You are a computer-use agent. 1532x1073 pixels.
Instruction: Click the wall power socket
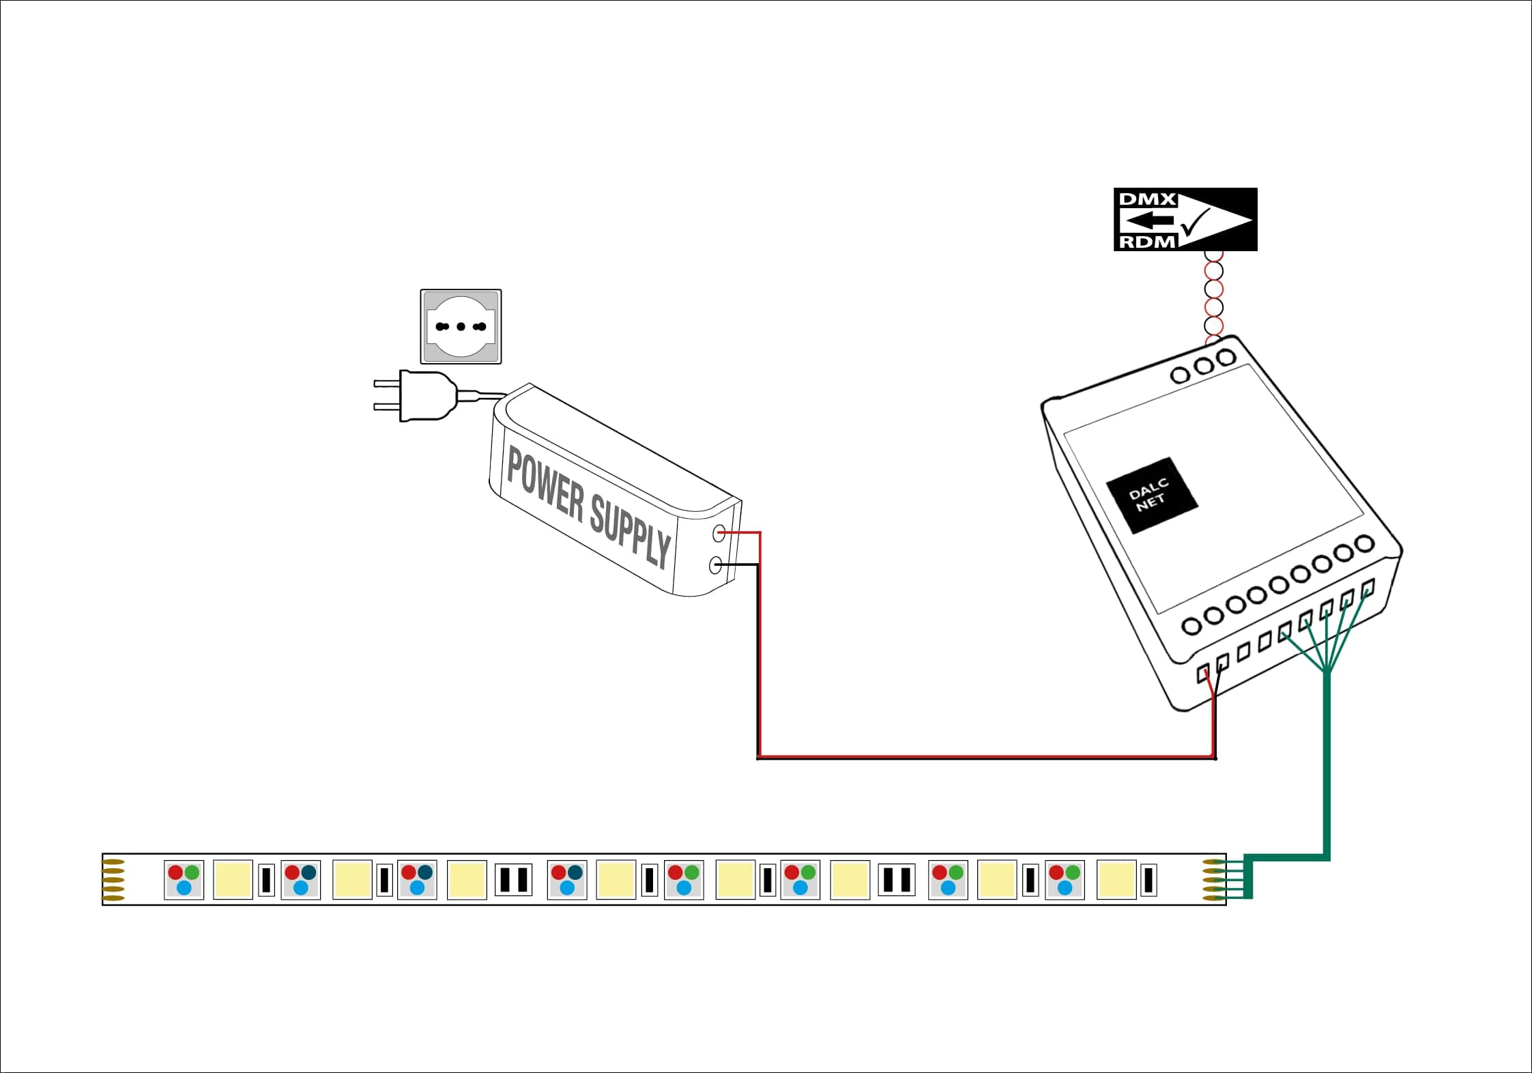tap(461, 326)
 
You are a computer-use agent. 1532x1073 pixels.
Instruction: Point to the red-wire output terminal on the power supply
tap(719, 533)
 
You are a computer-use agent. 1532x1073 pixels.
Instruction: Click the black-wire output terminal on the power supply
tap(715, 565)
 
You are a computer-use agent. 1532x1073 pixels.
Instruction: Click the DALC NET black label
tap(1151, 496)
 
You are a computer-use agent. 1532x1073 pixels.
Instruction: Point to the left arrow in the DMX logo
tap(1146, 220)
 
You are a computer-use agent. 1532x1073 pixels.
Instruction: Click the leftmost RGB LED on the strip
tap(184, 880)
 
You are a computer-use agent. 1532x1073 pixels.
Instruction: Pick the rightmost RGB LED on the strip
tap(1065, 880)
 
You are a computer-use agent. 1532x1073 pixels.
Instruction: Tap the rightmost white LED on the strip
tap(1116, 880)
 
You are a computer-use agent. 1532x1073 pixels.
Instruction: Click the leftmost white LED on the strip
tap(233, 880)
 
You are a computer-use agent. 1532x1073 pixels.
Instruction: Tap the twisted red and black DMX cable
tap(1214, 297)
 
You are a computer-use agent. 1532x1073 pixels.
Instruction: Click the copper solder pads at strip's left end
tap(113, 880)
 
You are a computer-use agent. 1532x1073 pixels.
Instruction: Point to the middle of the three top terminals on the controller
tap(1203, 366)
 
